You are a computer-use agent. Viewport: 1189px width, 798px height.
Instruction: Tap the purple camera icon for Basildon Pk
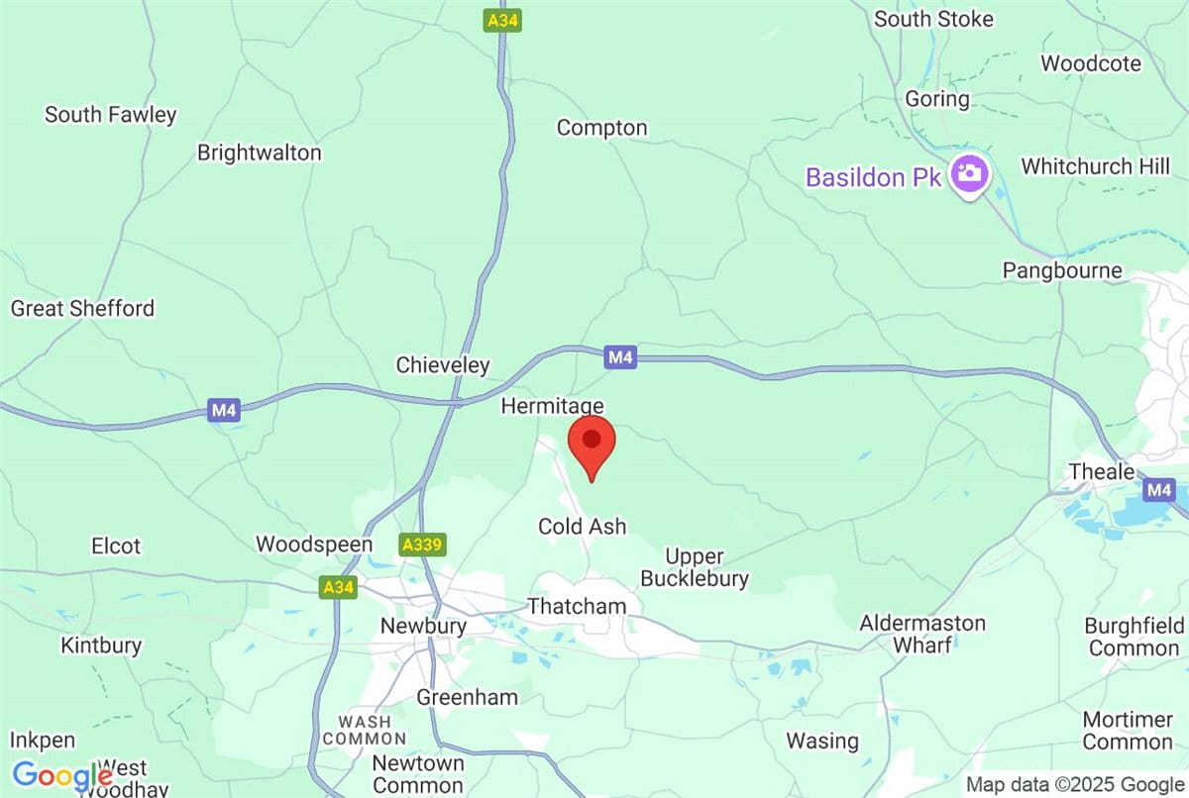click(968, 175)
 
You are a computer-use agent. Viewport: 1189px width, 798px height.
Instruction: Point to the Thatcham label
click(577, 605)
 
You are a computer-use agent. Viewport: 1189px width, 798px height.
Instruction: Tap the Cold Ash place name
click(582, 527)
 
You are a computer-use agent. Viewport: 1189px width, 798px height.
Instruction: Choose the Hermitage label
click(552, 406)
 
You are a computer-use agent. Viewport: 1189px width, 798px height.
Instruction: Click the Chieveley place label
click(443, 365)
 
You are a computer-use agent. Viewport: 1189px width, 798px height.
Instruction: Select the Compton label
click(601, 128)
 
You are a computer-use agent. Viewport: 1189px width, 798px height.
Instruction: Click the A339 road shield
click(422, 545)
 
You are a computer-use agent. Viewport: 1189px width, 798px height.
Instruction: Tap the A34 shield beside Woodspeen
click(338, 588)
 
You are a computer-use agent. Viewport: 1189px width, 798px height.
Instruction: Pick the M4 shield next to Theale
click(1157, 489)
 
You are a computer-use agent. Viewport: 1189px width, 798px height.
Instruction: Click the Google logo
click(61, 775)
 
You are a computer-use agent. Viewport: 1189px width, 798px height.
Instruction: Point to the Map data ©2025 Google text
click(1075, 785)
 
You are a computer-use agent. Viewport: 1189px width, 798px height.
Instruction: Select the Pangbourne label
click(1061, 270)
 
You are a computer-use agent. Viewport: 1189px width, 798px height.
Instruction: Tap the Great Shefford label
click(82, 309)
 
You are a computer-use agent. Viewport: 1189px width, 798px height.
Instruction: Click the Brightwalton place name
click(259, 153)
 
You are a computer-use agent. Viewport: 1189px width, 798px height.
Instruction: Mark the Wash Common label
click(364, 730)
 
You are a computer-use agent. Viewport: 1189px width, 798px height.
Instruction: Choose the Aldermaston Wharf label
click(922, 634)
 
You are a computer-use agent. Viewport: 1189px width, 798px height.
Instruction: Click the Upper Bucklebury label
click(694, 568)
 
